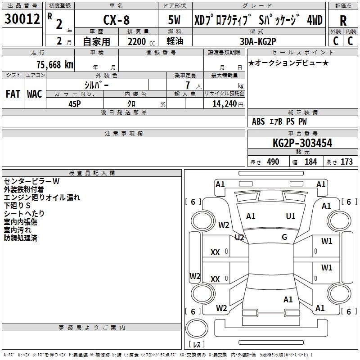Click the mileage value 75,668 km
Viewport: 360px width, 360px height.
point(54,65)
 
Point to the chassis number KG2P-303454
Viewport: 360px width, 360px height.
point(302,143)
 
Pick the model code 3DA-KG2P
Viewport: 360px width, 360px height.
point(258,40)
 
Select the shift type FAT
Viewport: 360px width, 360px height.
point(13,94)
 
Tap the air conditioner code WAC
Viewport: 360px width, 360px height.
point(34,94)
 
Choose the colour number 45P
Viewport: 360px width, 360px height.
point(74,103)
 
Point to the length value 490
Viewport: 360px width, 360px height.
point(273,162)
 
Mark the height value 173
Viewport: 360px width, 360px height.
point(346,162)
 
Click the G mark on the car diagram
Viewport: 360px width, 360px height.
point(284,237)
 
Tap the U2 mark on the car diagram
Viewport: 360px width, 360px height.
point(239,237)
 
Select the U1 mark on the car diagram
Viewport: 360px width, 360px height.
point(291,216)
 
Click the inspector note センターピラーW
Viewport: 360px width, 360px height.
point(31,181)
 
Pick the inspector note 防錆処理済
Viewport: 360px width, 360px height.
point(20,238)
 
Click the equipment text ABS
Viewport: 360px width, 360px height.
point(258,121)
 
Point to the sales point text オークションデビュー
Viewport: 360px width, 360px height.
point(288,63)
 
